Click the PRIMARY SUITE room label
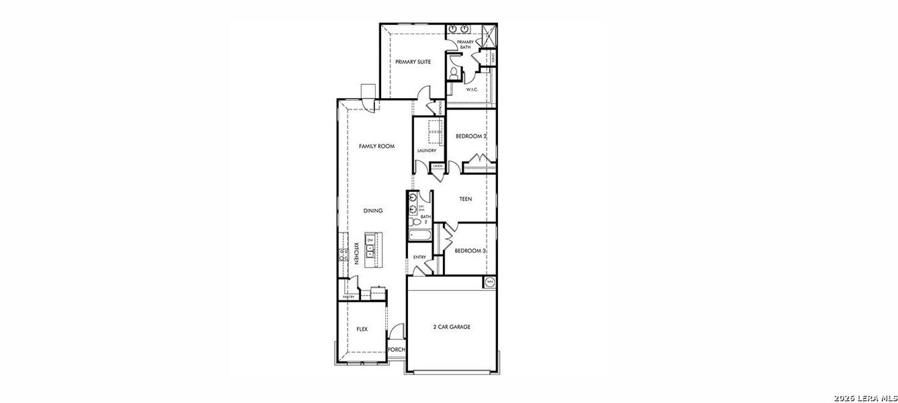(x=413, y=62)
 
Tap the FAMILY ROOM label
(x=376, y=146)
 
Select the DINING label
(x=373, y=210)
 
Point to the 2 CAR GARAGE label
(x=451, y=327)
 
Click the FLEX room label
(x=362, y=329)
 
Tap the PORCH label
(x=397, y=349)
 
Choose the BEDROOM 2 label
(x=471, y=136)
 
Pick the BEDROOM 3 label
(x=470, y=251)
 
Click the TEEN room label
(x=465, y=199)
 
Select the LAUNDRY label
(x=427, y=150)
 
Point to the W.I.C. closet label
(x=471, y=89)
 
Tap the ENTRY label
(x=419, y=257)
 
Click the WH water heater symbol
(x=490, y=281)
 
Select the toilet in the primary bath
(x=454, y=71)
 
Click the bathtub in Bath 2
(x=420, y=235)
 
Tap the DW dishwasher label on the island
(x=370, y=240)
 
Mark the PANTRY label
(x=348, y=297)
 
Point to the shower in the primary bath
(x=488, y=32)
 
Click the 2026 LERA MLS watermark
(x=870, y=396)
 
